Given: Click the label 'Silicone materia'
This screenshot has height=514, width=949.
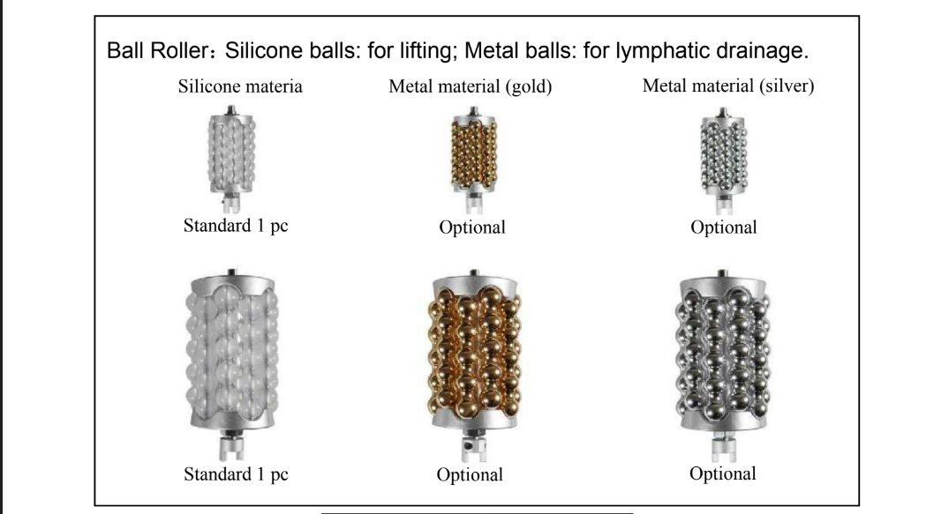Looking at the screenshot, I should [241, 87].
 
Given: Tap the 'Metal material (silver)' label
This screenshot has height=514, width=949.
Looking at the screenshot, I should [728, 87].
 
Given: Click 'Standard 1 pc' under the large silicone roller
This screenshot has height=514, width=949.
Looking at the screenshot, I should [236, 474].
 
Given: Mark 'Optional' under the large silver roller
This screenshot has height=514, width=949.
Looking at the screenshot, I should [723, 473].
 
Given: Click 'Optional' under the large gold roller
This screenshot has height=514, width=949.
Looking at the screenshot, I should [470, 475].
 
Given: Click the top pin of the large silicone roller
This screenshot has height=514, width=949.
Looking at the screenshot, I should [231, 270].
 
